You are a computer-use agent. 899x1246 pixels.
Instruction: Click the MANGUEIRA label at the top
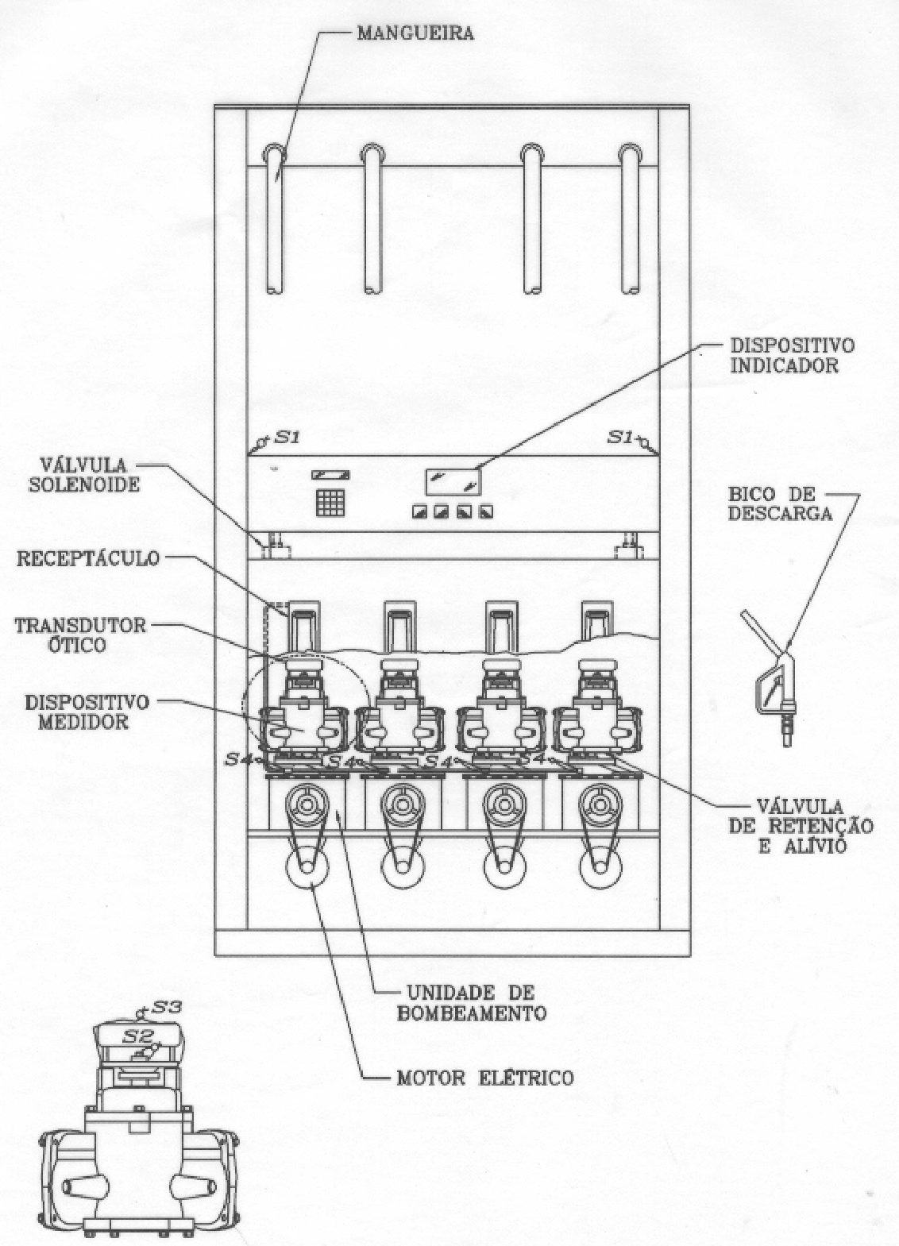(x=415, y=33)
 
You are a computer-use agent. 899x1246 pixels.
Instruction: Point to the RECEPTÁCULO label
(x=87, y=558)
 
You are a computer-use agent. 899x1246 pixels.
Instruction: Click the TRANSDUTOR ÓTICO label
(x=80, y=635)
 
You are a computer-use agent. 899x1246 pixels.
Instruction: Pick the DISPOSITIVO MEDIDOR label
(x=87, y=712)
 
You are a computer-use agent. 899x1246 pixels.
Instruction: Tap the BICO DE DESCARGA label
(x=780, y=503)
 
